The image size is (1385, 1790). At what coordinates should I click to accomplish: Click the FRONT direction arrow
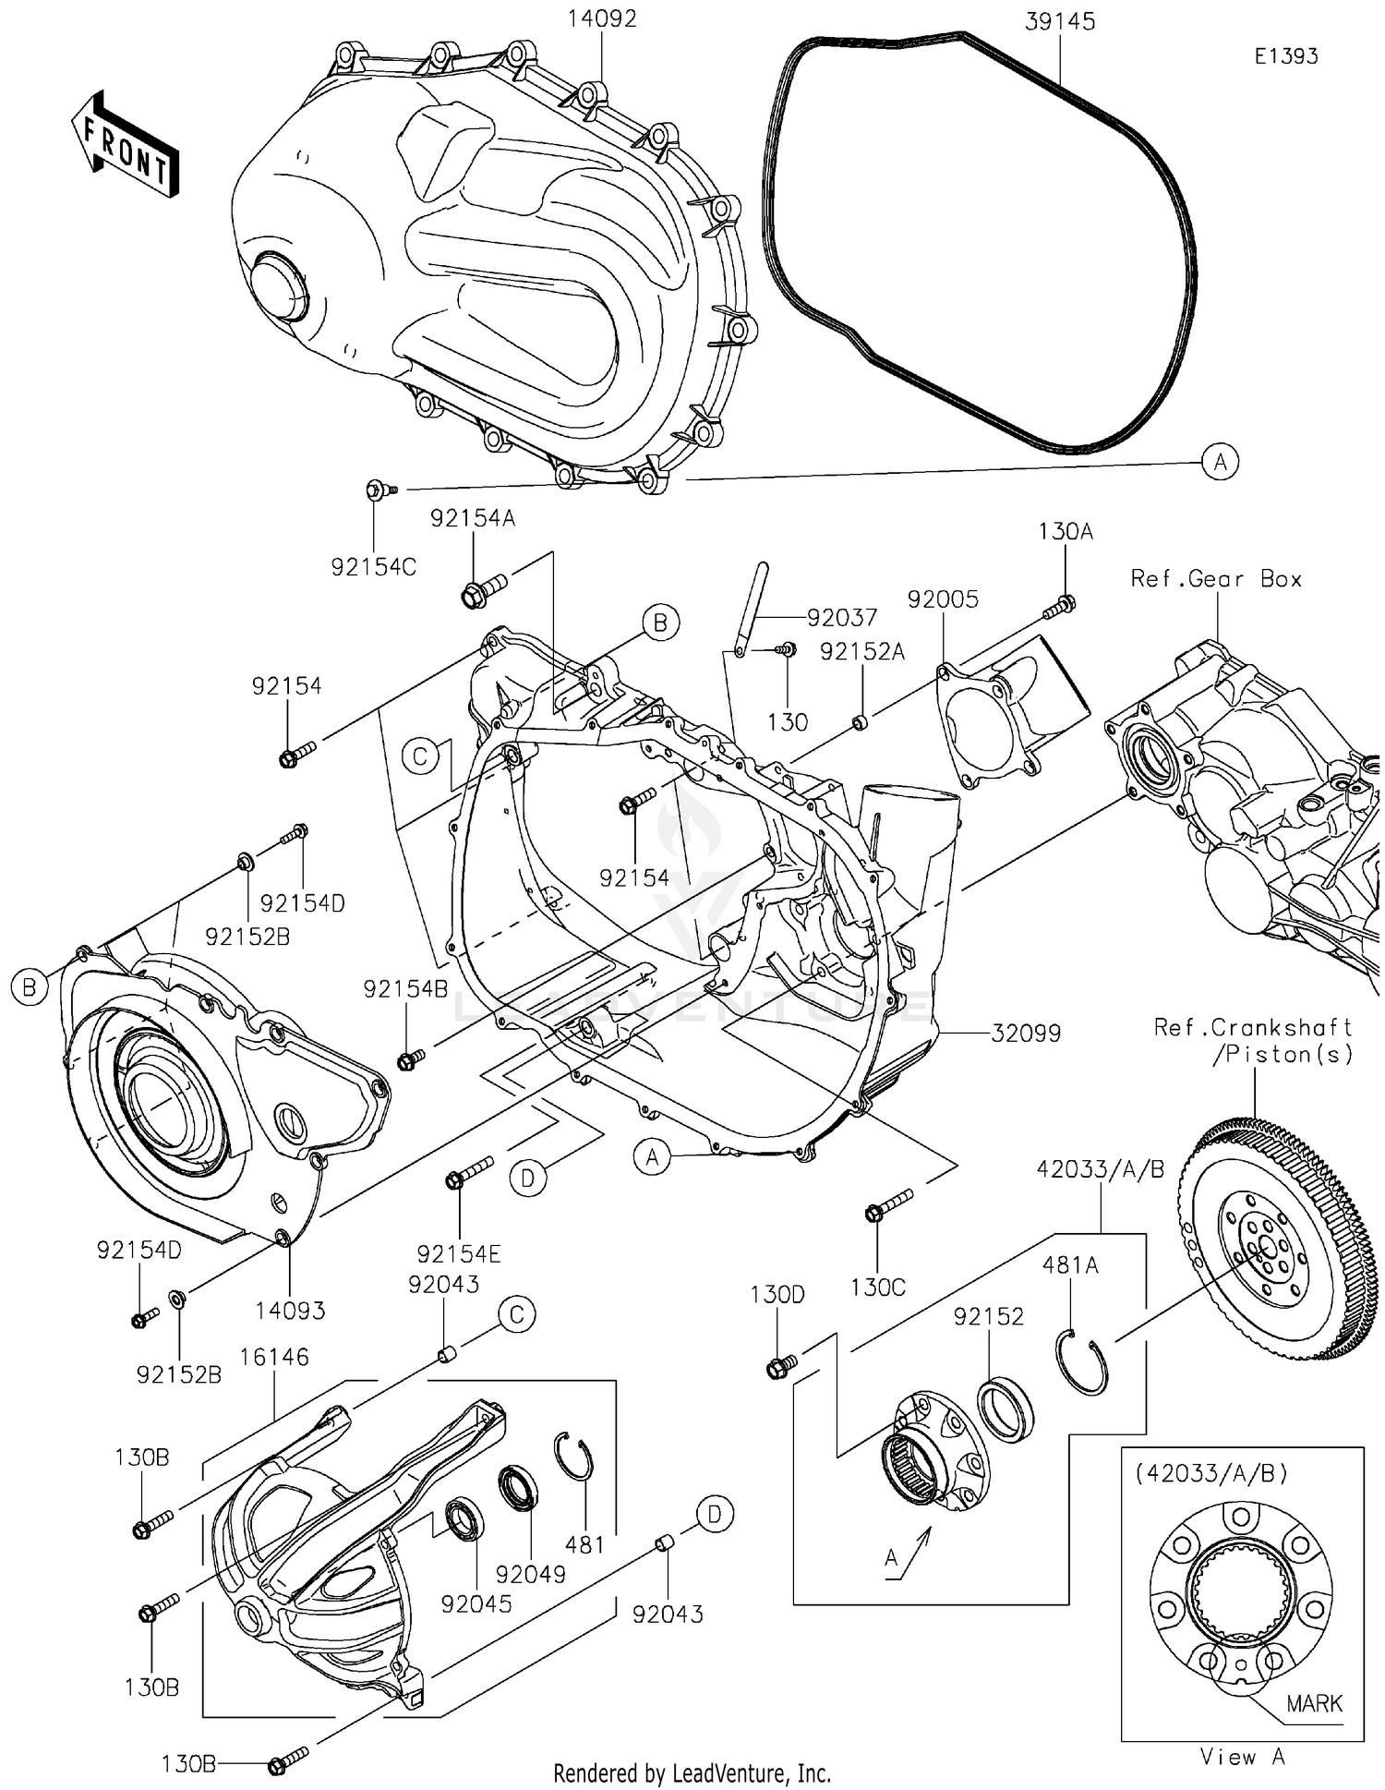tap(125, 145)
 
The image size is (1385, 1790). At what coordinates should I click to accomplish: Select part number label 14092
tap(602, 19)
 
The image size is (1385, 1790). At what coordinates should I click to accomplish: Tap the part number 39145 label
tap(1060, 22)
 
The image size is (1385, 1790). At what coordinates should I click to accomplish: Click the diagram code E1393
tap(1285, 56)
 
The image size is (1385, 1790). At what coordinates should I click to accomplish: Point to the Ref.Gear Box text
tap(1216, 579)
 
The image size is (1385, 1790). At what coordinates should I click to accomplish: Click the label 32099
tap(1026, 1034)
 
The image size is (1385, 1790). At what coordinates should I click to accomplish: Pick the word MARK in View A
tap(1314, 1702)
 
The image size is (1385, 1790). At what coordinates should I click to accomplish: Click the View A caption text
tap(1242, 1757)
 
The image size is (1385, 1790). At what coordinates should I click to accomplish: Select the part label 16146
tap(274, 1357)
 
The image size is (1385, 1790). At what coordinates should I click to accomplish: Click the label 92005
tap(943, 599)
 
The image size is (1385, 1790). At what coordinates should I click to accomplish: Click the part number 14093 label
tap(290, 1310)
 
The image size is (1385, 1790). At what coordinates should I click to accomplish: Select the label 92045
tap(476, 1604)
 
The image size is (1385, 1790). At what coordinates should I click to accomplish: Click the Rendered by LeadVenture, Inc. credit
tap(692, 1772)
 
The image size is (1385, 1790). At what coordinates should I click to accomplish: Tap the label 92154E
tap(459, 1253)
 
